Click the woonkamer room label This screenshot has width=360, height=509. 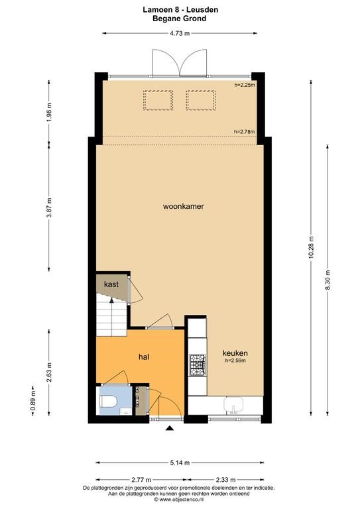(183, 206)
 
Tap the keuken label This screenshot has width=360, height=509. (235, 353)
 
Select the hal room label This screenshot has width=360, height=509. (144, 357)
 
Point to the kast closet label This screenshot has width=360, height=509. (111, 284)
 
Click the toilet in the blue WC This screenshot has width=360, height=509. (108, 402)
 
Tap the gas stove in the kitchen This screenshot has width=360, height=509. (198, 365)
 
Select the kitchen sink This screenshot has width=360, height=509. (233, 405)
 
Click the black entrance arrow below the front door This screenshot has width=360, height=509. (170, 429)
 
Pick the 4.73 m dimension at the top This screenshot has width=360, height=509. (180, 33)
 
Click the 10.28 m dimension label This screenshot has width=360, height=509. (312, 248)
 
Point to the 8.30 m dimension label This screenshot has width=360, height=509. (328, 280)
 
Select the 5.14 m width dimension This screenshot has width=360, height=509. (180, 463)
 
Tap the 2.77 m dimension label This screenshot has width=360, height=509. (141, 479)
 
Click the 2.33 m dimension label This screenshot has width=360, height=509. (225, 479)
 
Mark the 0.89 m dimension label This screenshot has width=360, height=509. (32, 400)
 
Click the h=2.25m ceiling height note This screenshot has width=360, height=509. (245, 85)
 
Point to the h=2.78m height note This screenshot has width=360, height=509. (244, 131)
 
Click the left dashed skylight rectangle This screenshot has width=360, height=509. (158, 100)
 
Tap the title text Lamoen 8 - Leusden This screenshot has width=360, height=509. (180, 10)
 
